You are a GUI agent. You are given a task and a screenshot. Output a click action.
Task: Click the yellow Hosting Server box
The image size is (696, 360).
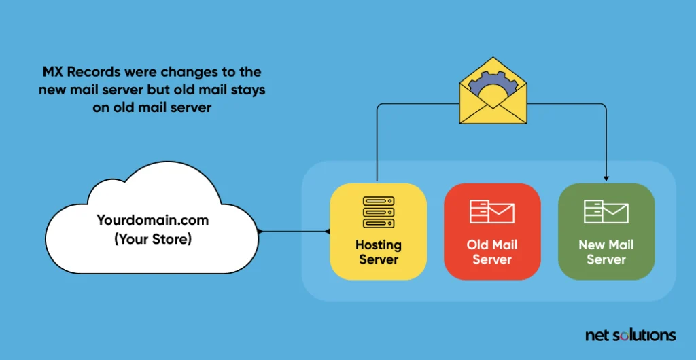click(x=378, y=231)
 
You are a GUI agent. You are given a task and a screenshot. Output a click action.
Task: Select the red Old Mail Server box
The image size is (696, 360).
click(x=492, y=231)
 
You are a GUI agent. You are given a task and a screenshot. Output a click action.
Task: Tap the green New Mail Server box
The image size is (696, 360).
click(x=606, y=231)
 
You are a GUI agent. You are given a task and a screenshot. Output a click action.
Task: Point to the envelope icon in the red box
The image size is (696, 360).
click(x=492, y=211)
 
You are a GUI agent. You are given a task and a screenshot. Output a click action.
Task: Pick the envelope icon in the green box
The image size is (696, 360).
click(x=606, y=211)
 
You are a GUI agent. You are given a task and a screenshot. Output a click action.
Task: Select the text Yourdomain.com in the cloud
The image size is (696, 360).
click(x=152, y=221)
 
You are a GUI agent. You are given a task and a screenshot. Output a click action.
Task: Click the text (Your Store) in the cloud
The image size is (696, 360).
click(x=152, y=238)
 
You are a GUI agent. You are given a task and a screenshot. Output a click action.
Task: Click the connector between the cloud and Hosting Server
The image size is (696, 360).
click(x=293, y=232)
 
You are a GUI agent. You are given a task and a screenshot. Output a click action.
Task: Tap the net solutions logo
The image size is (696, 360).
click(x=630, y=335)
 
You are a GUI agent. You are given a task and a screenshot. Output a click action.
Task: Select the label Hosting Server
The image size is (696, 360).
click(x=379, y=251)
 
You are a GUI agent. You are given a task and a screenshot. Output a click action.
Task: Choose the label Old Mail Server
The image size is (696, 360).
click(x=492, y=251)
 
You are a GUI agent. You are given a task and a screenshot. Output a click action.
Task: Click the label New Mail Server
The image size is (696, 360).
click(x=606, y=251)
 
